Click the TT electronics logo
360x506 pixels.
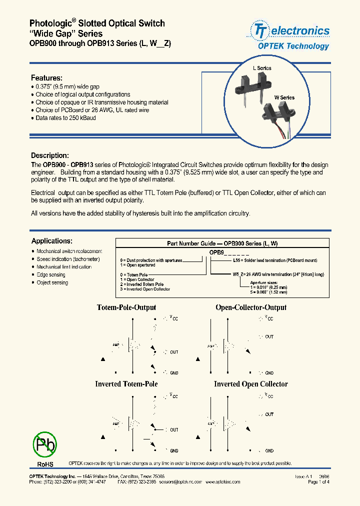point(290,31)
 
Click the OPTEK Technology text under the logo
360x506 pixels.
point(293,46)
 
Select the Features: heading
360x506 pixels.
point(46,78)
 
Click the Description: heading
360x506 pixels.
point(49,155)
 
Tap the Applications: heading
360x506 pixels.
point(51,241)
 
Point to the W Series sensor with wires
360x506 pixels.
point(276,119)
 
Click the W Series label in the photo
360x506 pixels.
point(284,97)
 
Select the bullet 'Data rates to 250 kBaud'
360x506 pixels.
point(65,118)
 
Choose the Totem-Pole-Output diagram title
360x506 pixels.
point(126,307)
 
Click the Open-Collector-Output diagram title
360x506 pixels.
point(251,307)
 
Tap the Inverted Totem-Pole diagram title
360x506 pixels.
point(126,384)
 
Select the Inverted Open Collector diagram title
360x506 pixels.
point(251,384)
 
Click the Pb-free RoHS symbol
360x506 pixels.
point(44,444)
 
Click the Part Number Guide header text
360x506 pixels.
point(222,243)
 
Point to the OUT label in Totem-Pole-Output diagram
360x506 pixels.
point(174,352)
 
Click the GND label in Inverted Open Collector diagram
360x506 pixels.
point(269,450)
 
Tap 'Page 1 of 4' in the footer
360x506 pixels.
point(318,482)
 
